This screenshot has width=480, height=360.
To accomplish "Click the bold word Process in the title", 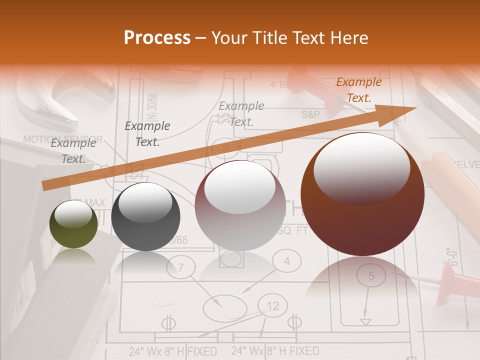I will tap(157, 38).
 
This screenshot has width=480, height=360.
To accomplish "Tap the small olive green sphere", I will tap(74, 224).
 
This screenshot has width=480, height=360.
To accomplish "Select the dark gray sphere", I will tap(145, 216).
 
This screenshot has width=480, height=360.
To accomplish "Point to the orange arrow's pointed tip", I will tap(415, 108).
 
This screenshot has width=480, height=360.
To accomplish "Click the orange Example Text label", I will tap(358, 90).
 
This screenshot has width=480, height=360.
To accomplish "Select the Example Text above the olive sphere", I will tap(73, 151).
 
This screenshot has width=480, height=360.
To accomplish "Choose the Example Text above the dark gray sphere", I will tap(147, 134).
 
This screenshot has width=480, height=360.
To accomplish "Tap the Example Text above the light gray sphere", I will tap(241, 113).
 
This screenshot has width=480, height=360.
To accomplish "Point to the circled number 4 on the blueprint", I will tap(287, 261).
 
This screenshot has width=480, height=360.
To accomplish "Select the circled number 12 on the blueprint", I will tap(272, 306).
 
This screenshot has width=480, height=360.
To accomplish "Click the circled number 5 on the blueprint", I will tap(371, 276).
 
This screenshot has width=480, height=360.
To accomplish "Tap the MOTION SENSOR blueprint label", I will tap(62, 139).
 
